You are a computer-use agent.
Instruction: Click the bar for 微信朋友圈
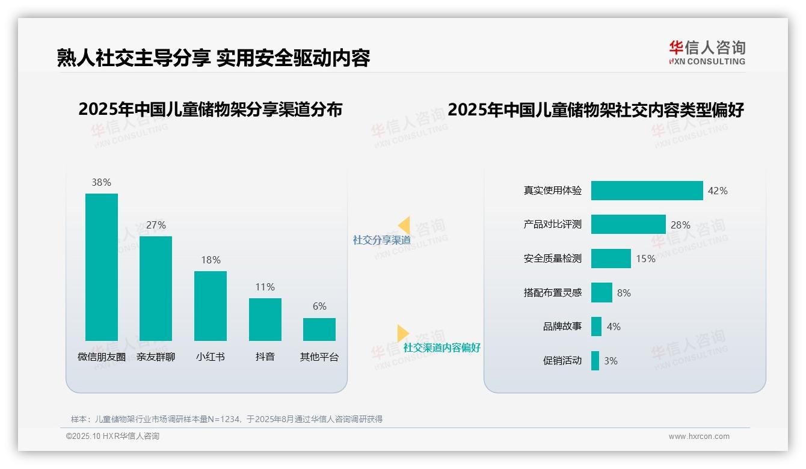pyautogui.click(x=102, y=267)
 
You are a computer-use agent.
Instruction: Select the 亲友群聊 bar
pyautogui.click(x=156, y=289)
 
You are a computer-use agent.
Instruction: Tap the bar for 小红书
pyautogui.click(x=211, y=305)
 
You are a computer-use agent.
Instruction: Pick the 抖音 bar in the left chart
pyautogui.click(x=265, y=319)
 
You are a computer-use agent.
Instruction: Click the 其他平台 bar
pyautogui.click(x=319, y=330)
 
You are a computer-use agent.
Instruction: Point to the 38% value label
pyautogui.click(x=102, y=182)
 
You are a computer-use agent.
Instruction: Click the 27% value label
pyautogui.click(x=156, y=225)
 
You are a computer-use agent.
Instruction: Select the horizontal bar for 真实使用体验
pyautogui.click(x=647, y=191)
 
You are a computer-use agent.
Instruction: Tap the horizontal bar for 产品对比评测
pyautogui.click(x=628, y=224)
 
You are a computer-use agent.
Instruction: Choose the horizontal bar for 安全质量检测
pyautogui.click(x=611, y=259)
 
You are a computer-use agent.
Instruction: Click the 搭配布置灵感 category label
pyautogui.click(x=552, y=293)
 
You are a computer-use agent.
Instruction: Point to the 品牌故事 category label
pyautogui.click(x=562, y=326)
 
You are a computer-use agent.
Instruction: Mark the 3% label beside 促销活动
pyautogui.click(x=611, y=361)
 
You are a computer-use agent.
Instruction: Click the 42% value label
pyautogui.click(x=718, y=191)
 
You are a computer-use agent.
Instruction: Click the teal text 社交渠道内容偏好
pyautogui.click(x=441, y=348)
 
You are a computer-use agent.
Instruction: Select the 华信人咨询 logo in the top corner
pyautogui.click(x=707, y=52)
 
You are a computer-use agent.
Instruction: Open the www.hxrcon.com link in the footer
pyautogui.click(x=699, y=437)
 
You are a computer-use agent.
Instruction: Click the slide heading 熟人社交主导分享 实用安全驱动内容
pyautogui.click(x=214, y=58)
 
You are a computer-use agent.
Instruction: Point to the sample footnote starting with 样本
pyautogui.click(x=227, y=419)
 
